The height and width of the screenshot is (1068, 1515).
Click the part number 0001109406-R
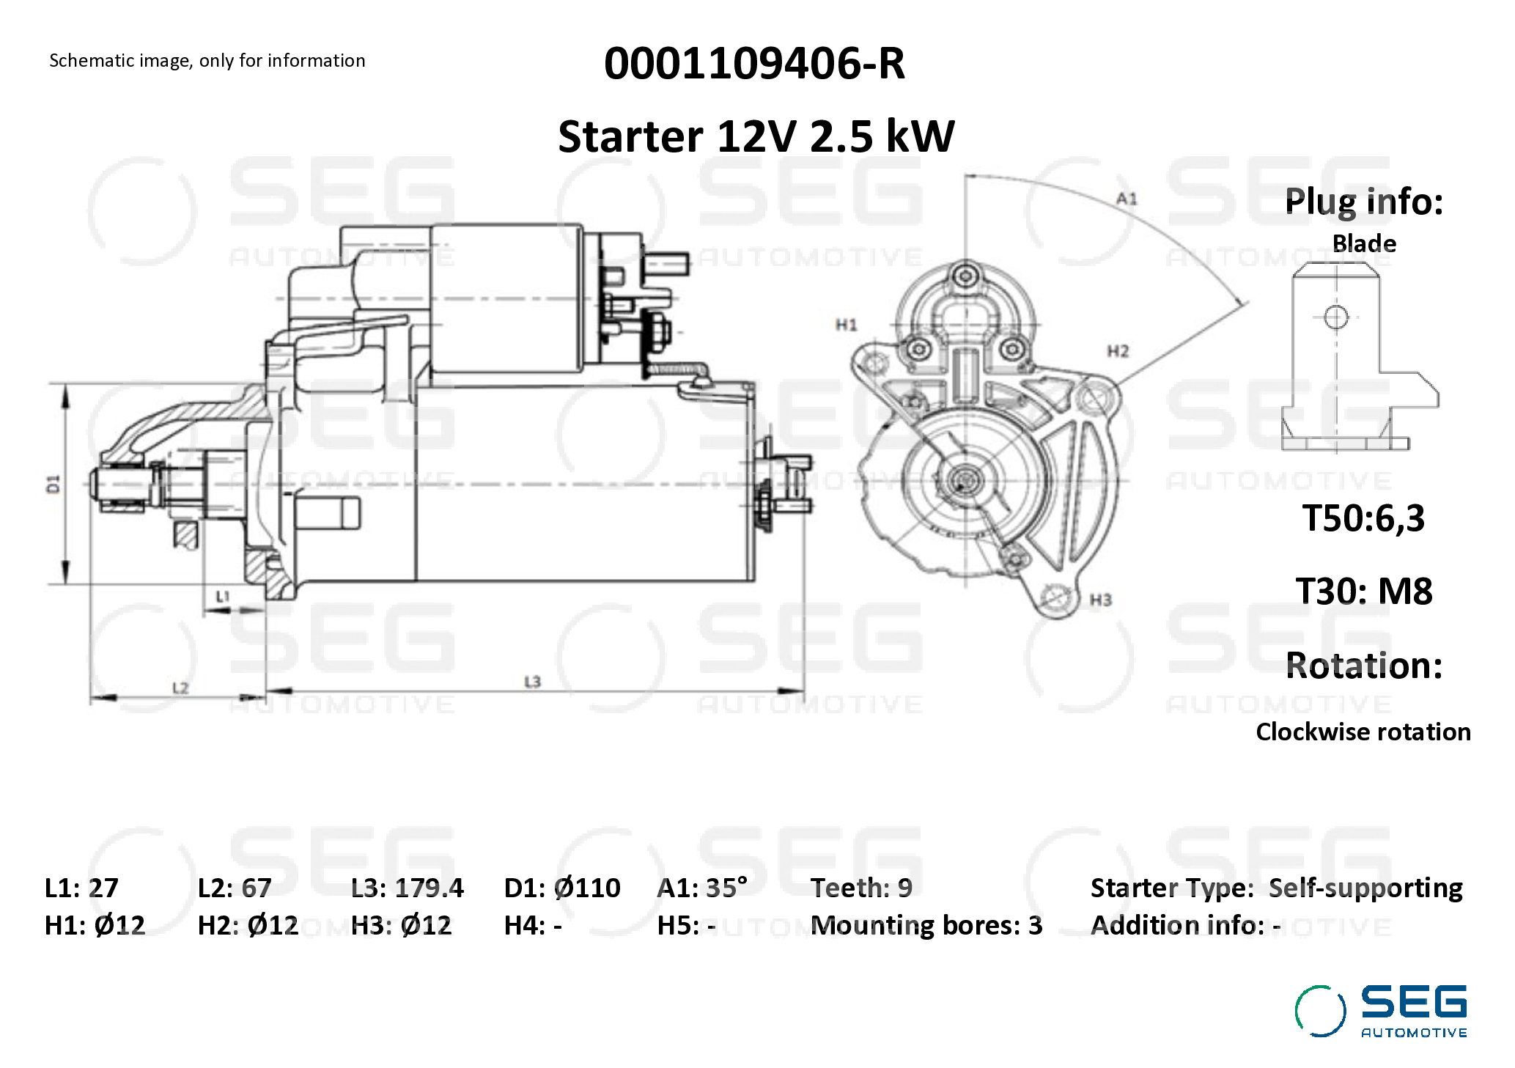754,64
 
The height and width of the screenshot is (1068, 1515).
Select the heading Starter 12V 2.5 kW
756,136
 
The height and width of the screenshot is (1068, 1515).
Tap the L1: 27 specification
81,888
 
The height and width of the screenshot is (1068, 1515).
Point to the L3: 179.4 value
407,888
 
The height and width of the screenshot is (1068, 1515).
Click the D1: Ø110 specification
561,888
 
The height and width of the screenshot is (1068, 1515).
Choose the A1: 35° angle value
701,888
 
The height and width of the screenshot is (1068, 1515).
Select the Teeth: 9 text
861,888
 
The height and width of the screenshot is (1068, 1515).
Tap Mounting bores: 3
926,925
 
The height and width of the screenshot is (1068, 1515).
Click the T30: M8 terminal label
1363,591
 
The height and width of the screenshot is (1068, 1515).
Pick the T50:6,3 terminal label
1363,518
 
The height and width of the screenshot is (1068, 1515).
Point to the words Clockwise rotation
1363,732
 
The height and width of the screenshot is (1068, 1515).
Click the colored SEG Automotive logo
1381,1012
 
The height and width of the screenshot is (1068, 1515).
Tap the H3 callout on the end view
1100,600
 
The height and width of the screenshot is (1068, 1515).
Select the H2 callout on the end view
1118,352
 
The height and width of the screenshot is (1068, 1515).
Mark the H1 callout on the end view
846,325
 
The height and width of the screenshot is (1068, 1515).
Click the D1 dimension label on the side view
53,484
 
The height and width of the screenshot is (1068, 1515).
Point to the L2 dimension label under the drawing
180,688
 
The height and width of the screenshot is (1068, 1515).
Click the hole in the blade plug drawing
1336,317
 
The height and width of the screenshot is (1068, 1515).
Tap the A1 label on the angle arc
1127,199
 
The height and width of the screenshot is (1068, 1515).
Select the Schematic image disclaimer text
207,61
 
